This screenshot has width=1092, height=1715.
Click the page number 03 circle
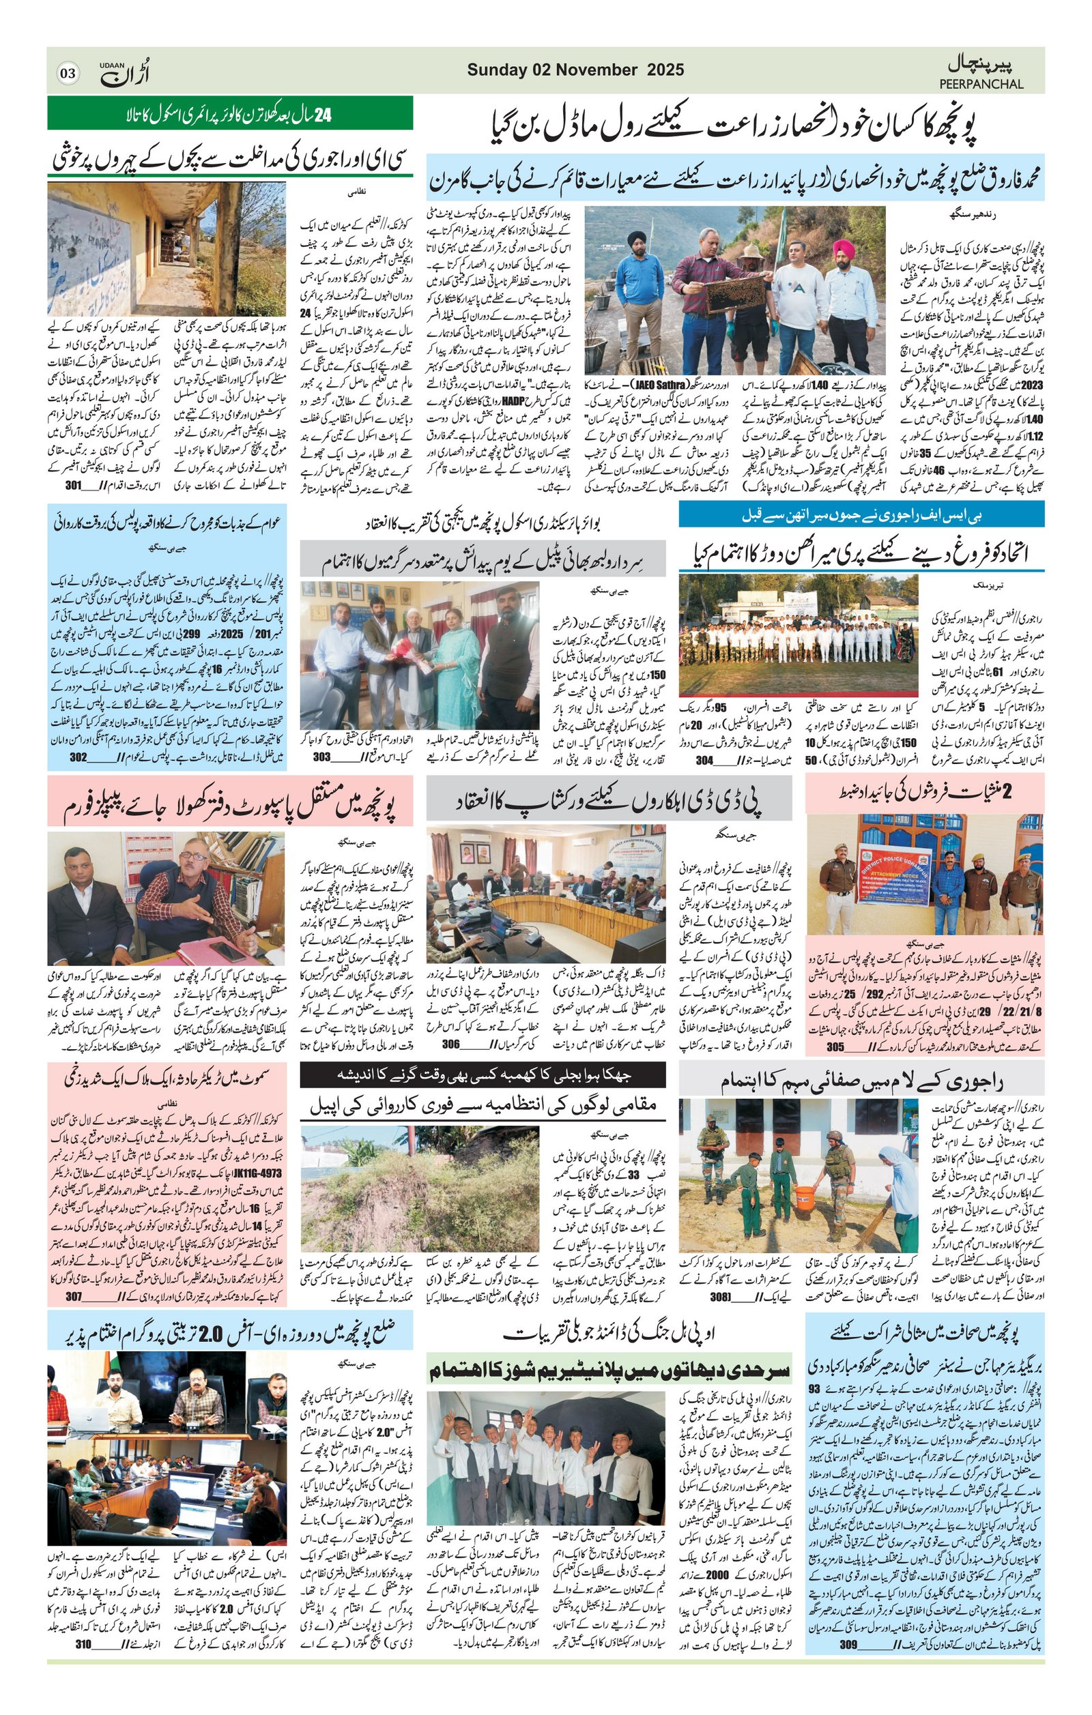[x=68, y=72]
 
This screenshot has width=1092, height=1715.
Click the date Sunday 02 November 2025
[x=575, y=70]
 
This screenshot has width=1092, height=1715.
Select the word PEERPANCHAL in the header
[x=981, y=84]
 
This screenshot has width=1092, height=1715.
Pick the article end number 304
[x=704, y=760]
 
